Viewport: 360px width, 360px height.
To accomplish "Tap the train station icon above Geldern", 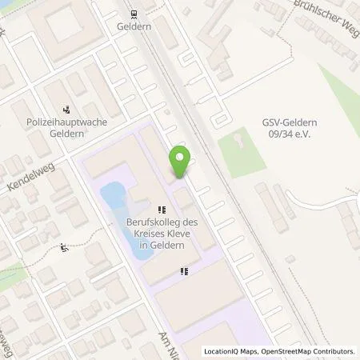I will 133,14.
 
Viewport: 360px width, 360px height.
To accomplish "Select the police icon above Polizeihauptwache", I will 66,110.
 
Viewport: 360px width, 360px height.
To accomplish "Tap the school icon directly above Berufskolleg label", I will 161,210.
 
